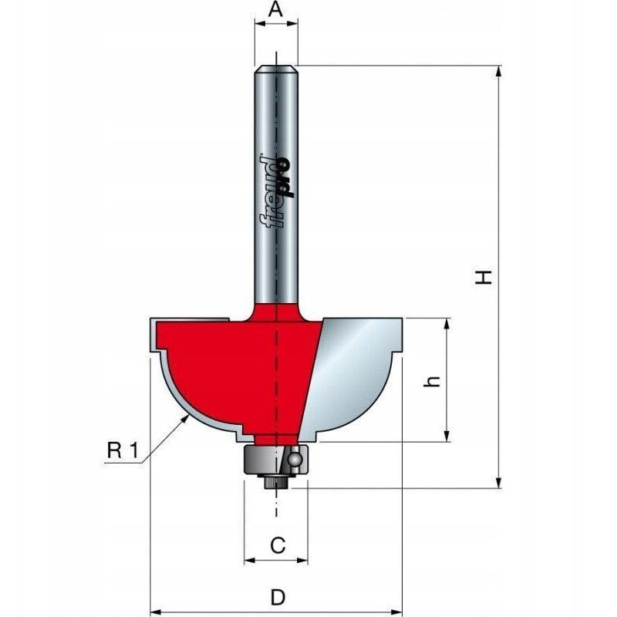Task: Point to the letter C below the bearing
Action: tap(278, 545)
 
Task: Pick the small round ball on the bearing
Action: tap(294, 460)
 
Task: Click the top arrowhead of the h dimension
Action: tap(446, 324)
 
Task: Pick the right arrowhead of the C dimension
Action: tap(302, 561)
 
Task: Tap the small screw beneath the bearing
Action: tap(275, 482)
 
